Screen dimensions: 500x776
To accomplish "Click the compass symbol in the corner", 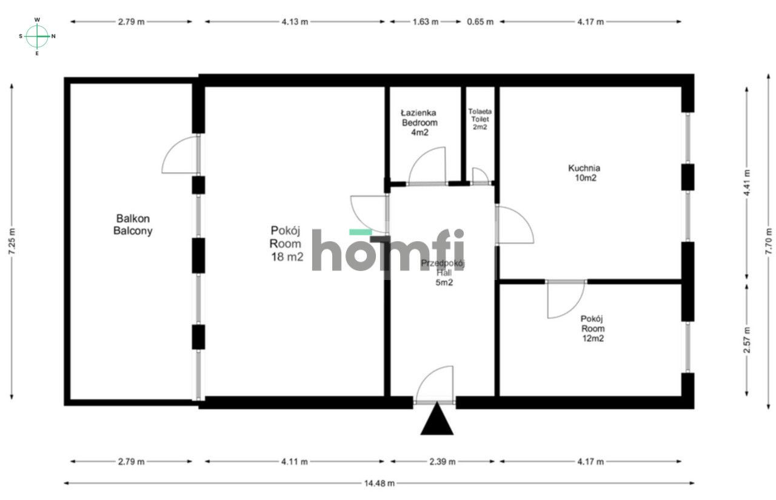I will click(38, 36).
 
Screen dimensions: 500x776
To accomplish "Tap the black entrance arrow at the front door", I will click(436, 421).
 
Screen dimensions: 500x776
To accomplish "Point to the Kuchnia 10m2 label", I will click(584, 173).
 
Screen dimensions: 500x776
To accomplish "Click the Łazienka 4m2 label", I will click(420, 122).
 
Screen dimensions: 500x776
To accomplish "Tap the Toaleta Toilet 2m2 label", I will click(480, 119).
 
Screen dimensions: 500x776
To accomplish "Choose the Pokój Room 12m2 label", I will click(592, 328).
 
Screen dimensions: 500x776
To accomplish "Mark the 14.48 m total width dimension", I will click(379, 483).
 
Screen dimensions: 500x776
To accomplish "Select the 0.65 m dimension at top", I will click(480, 22).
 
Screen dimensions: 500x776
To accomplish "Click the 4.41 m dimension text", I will click(746, 182).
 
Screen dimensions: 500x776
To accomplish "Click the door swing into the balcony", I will click(181, 155).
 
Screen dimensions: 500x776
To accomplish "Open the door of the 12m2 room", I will click(565, 299).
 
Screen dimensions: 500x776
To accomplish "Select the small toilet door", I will click(480, 176).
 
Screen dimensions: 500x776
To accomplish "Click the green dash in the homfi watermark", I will click(361, 232).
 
